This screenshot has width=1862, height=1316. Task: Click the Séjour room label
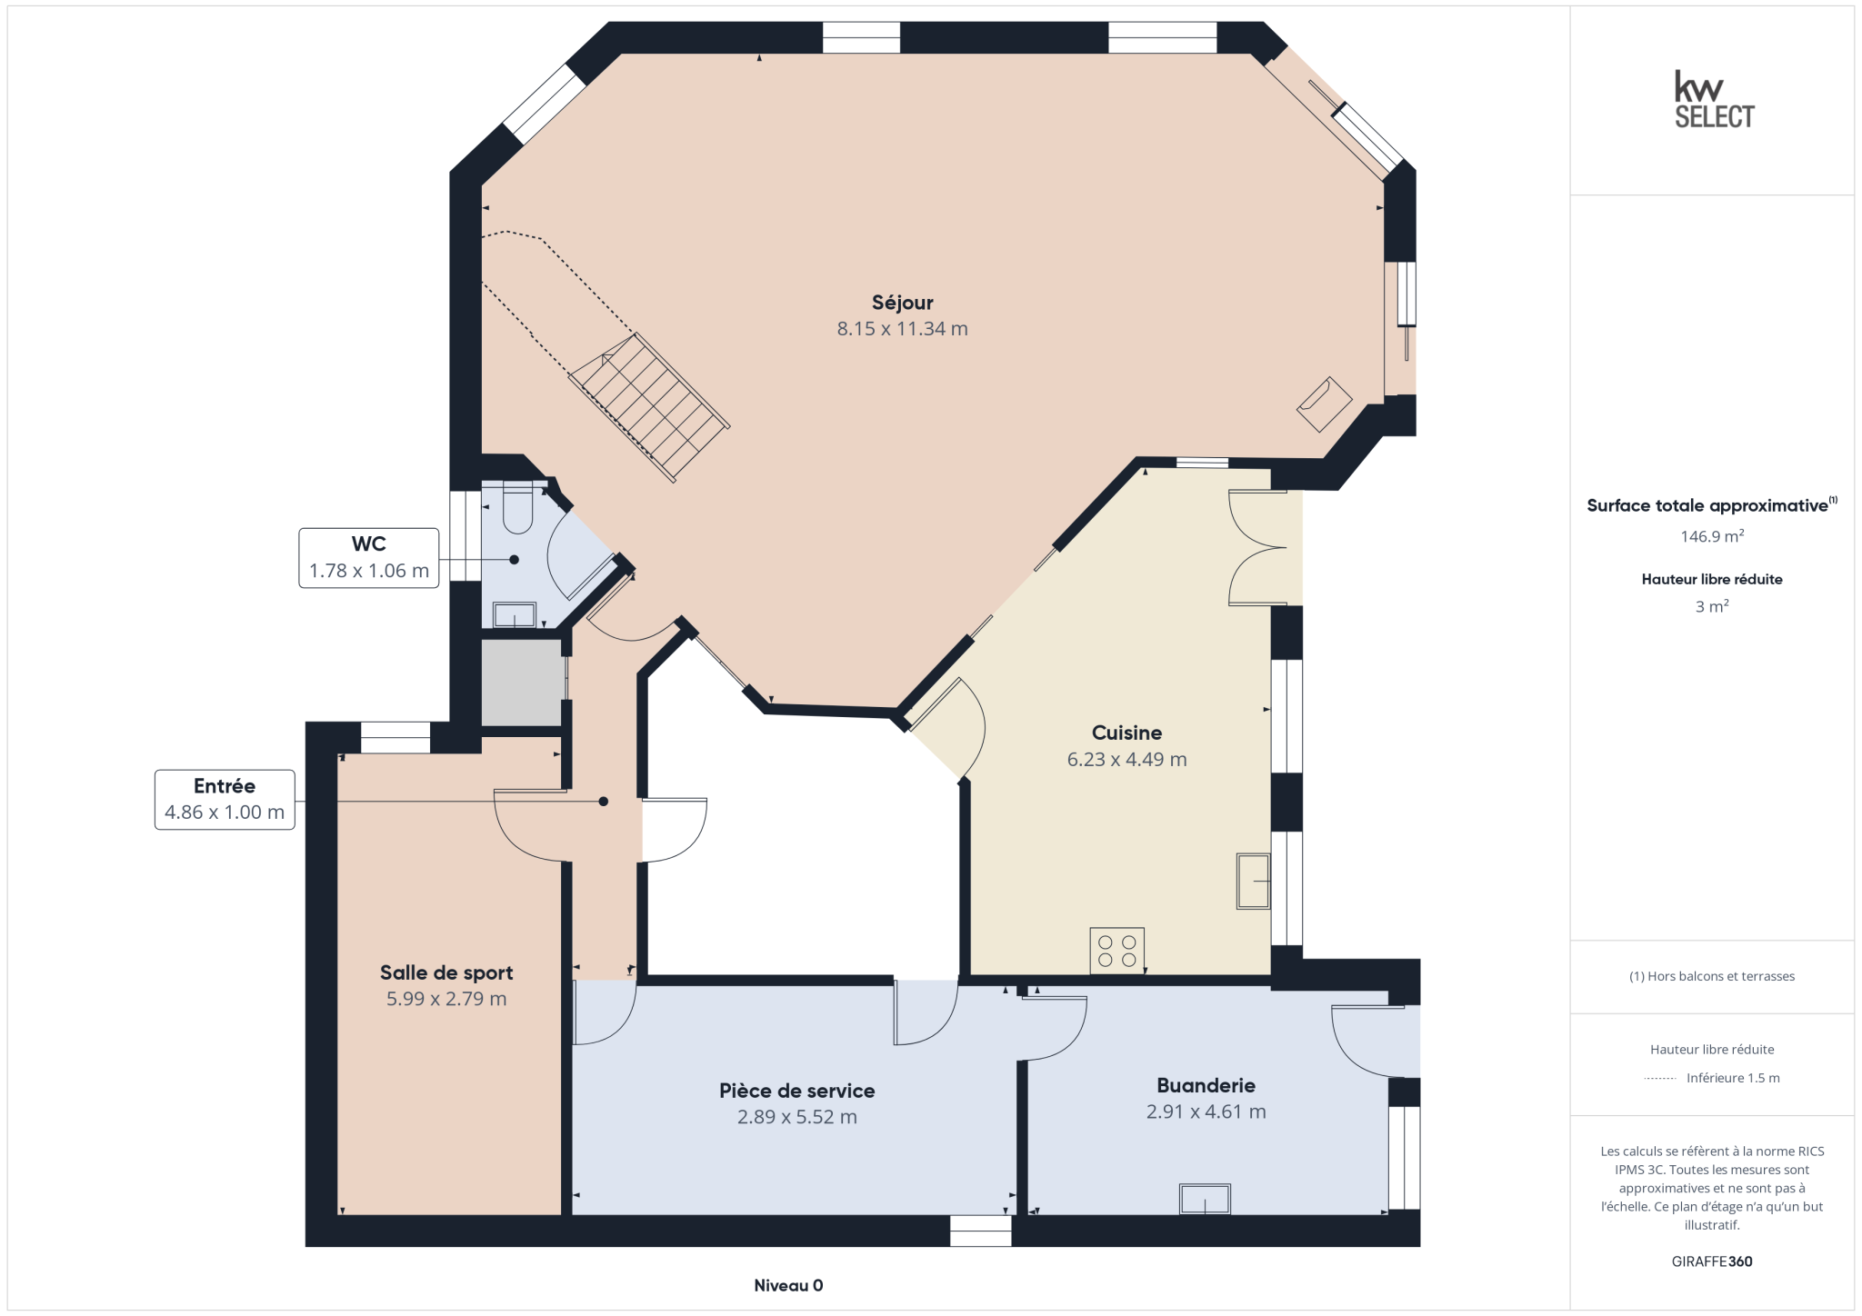tap(902, 303)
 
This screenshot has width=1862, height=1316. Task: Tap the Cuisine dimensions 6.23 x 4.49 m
tap(1126, 760)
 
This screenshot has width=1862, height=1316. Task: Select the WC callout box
tap(369, 558)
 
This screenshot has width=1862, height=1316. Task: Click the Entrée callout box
tap(225, 800)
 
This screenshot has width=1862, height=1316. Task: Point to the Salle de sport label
tap(446, 972)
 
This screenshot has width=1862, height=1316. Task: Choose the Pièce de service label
tap(796, 1091)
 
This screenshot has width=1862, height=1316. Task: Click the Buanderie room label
tap(1206, 1085)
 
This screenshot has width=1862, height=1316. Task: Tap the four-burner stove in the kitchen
tap(1116, 951)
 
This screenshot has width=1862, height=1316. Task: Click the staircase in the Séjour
tap(649, 407)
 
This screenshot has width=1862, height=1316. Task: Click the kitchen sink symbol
tap(1253, 881)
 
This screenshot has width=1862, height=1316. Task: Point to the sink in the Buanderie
tap(1205, 1199)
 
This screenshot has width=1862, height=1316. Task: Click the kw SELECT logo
tap(1714, 100)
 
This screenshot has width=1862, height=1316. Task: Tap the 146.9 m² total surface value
tap(1712, 536)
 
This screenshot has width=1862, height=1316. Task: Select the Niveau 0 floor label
tap(788, 1285)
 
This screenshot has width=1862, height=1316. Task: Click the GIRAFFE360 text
tap(1712, 1261)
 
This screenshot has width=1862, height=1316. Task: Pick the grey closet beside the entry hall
tap(522, 683)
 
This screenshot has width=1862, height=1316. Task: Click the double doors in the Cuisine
tap(1257, 548)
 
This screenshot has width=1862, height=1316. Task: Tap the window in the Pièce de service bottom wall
tap(980, 1231)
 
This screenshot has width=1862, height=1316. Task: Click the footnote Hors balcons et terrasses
tap(1712, 976)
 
